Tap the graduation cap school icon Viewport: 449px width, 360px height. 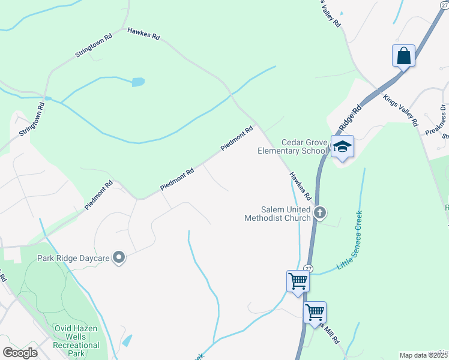342,146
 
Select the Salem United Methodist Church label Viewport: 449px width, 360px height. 277,214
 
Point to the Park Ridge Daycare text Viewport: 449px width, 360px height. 73,258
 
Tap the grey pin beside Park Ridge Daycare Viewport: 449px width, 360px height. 119,258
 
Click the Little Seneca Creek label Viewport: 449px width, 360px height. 351,239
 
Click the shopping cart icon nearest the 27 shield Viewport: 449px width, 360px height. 298,281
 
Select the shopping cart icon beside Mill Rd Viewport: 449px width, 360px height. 315,313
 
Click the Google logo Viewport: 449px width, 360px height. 20,353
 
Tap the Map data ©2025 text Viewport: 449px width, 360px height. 423,355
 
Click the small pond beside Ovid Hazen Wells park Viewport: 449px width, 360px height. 127,341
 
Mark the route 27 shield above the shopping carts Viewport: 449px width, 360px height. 308,268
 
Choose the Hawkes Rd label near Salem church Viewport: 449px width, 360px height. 301,186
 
